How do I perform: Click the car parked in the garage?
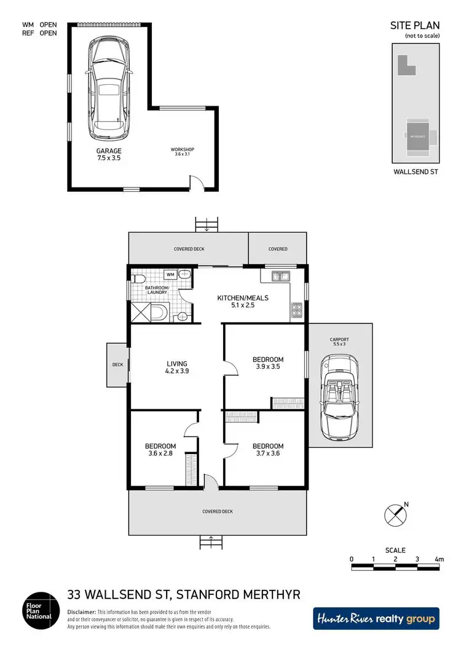109,87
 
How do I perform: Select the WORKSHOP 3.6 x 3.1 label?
183,152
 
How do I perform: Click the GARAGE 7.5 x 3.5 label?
109,155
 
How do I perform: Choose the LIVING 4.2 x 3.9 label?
176,367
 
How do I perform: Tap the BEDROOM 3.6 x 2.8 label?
160,450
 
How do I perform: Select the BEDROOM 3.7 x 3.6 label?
268,450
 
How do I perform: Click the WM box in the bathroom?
170,274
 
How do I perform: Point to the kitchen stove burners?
296,310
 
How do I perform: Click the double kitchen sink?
279,277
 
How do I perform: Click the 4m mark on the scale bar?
438,559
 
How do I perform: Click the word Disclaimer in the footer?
81,613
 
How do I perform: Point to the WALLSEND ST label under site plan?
416,173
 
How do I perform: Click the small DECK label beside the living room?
117,364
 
